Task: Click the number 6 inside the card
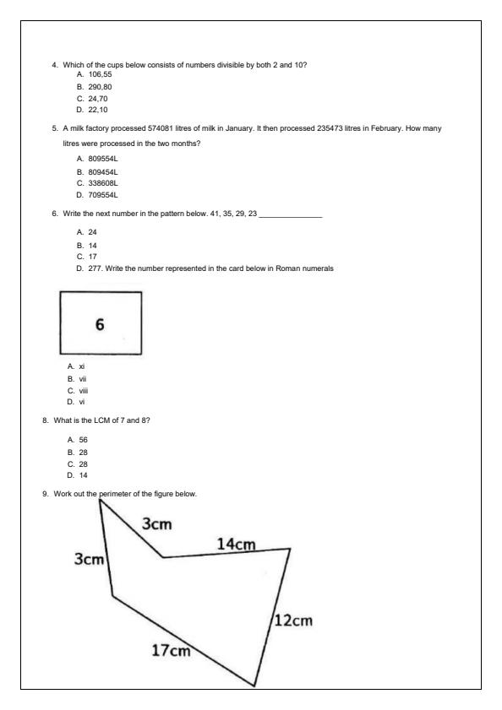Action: tap(100, 326)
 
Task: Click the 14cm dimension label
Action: tap(237, 545)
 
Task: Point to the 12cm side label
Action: tap(293, 621)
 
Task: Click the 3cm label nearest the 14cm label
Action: tap(156, 524)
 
